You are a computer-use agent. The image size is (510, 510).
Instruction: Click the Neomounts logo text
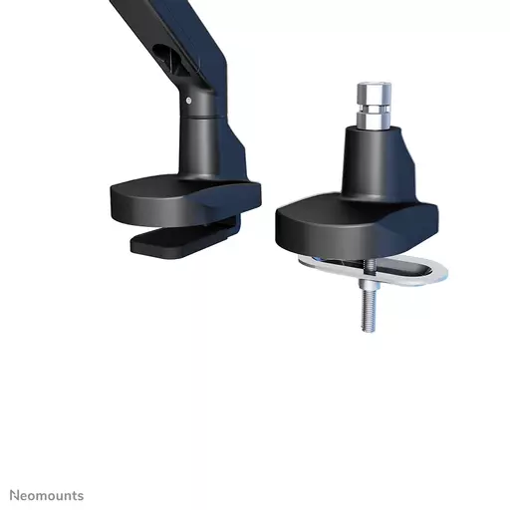tap(47, 495)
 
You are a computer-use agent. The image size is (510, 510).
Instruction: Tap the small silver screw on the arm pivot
tap(188, 100)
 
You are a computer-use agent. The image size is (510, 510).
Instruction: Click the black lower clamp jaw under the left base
tap(174, 242)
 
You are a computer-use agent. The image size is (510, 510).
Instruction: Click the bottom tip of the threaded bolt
tap(368, 329)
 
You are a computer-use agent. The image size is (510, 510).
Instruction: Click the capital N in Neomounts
tap(15, 495)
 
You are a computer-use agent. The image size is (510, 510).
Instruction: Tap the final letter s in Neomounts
tap(81, 496)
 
